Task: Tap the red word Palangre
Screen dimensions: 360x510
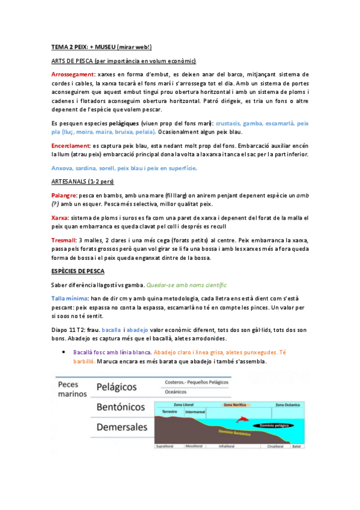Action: [x=64, y=195]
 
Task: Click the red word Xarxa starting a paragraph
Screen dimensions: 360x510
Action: [x=59, y=217]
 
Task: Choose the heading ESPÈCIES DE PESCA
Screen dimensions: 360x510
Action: [x=78, y=272]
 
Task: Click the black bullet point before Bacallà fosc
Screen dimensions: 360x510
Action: [x=63, y=352]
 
